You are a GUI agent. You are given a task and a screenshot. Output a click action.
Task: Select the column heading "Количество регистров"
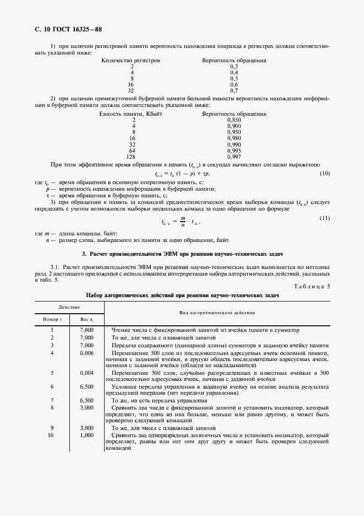click(131, 60)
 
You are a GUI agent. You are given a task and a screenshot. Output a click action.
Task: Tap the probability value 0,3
click(233, 66)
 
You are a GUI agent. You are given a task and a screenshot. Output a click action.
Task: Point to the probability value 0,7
click(233, 90)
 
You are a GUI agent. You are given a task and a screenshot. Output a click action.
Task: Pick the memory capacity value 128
click(132, 156)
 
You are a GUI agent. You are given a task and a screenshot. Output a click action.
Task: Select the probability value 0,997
click(233, 156)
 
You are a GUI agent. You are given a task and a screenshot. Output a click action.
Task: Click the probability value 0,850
click(233, 120)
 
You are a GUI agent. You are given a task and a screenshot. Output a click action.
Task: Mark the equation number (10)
click(324, 174)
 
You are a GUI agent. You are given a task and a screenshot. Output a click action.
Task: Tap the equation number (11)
click(324, 218)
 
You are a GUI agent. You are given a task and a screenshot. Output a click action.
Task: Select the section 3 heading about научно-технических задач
click(182, 254)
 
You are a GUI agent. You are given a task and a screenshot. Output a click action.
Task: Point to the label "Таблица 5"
click(312, 286)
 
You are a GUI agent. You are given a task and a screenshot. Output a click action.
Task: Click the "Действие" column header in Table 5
click(70, 306)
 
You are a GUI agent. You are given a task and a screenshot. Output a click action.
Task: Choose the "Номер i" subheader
click(52, 319)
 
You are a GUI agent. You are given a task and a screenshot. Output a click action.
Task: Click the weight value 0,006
click(86, 352)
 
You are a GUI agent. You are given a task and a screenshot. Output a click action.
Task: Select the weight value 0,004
click(86, 373)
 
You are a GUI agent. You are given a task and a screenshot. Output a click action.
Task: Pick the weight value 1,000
click(86, 435)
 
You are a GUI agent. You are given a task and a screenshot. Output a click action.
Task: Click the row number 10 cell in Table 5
click(52, 435)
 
